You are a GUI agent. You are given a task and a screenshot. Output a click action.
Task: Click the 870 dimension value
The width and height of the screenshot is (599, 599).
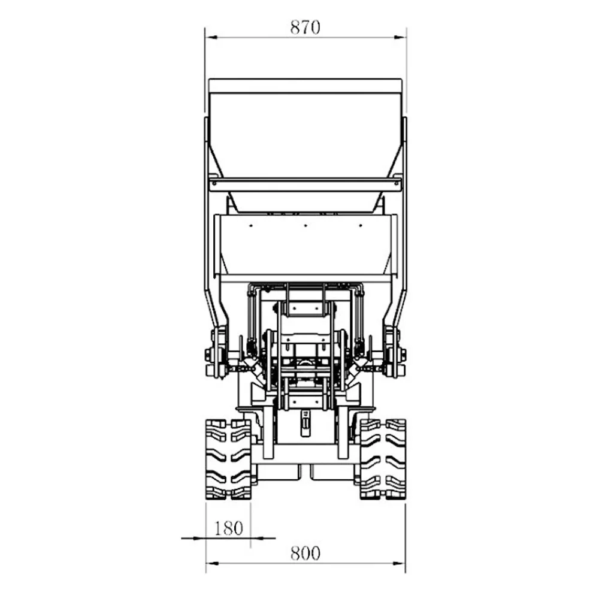305,28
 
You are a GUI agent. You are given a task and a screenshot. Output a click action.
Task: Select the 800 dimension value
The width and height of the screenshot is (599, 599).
305,553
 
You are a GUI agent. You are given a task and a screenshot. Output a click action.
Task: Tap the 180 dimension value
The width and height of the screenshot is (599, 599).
228,528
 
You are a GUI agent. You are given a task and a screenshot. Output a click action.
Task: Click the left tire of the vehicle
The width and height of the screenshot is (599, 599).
228,459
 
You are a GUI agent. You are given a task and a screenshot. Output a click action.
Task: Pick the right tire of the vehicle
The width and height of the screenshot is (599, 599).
383,459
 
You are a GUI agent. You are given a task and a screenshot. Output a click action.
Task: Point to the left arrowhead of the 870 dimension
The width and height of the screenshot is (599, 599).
211,37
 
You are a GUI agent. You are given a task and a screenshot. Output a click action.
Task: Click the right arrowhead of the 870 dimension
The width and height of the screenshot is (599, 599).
400,37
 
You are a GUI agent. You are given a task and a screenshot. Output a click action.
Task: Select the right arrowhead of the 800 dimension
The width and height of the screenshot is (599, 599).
399,563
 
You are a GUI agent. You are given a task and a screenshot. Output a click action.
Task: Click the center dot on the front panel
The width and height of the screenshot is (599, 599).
305,226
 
